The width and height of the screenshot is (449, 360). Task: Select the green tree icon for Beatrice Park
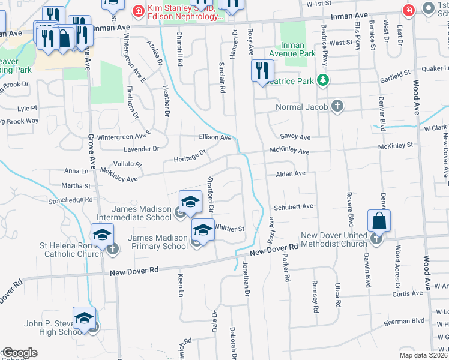pyautogui.click(x=324, y=80)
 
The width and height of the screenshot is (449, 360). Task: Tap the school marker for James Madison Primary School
pyautogui.click(x=203, y=230)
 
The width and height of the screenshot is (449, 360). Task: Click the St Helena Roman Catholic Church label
pyautogui.click(x=73, y=249)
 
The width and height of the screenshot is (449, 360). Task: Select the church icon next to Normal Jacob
pyautogui.click(x=337, y=107)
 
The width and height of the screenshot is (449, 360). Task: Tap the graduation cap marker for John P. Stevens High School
pyautogui.click(x=85, y=318)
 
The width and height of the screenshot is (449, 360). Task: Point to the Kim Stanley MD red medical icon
pyautogui.click(x=139, y=10)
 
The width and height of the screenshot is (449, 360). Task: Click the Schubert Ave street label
pyautogui.click(x=294, y=207)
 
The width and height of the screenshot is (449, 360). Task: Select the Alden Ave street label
pyautogui.click(x=291, y=174)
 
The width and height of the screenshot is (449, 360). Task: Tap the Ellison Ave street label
pyautogui.click(x=215, y=137)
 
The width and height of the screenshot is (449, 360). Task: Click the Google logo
pyautogui.click(x=19, y=353)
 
